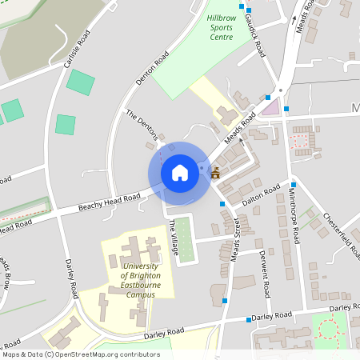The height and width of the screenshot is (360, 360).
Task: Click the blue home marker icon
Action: click(x=180, y=172)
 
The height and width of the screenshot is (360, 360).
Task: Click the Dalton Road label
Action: click(x=261, y=197)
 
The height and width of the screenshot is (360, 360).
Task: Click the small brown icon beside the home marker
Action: click(x=215, y=172)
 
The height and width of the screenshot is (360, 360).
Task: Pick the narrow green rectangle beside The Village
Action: click(x=185, y=238)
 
